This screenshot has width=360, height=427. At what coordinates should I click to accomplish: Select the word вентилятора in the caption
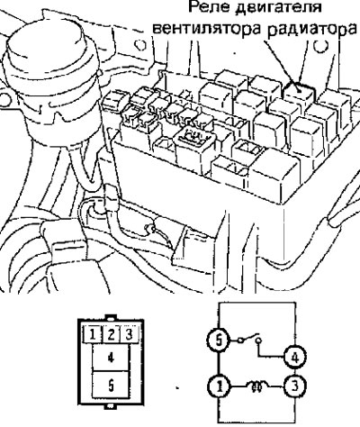[207, 29]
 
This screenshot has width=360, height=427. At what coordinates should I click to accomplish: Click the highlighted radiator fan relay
[300, 92]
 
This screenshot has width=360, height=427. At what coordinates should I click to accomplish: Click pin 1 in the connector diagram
[93, 334]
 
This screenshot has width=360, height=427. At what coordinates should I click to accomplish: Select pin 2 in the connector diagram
[111, 334]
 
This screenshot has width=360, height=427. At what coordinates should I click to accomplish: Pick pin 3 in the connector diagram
[130, 334]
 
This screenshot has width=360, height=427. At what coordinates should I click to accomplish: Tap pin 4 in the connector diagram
[111, 358]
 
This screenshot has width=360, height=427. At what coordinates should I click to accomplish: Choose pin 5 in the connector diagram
[111, 385]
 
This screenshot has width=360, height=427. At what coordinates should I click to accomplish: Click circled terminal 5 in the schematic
[219, 341]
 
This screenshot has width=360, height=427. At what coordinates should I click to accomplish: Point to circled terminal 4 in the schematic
[295, 357]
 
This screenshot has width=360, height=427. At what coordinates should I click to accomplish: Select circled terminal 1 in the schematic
[220, 386]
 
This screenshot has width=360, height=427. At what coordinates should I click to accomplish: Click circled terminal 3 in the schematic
[295, 386]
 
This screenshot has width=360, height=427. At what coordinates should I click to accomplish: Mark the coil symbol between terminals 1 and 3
[257, 385]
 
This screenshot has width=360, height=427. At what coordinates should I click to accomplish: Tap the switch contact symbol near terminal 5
[249, 339]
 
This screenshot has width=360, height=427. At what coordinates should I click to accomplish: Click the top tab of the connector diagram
[111, 317]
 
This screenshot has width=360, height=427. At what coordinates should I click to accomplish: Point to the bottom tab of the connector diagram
[111, 406]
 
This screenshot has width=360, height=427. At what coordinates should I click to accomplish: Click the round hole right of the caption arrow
[320, 46]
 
